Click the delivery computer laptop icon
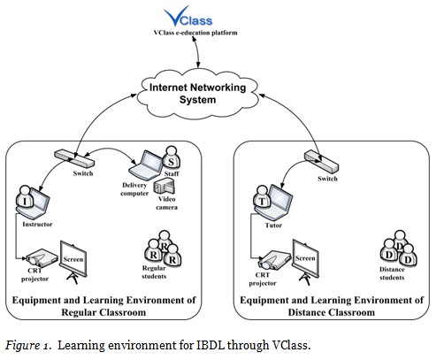(146, 163)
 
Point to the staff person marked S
(172, 160)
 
